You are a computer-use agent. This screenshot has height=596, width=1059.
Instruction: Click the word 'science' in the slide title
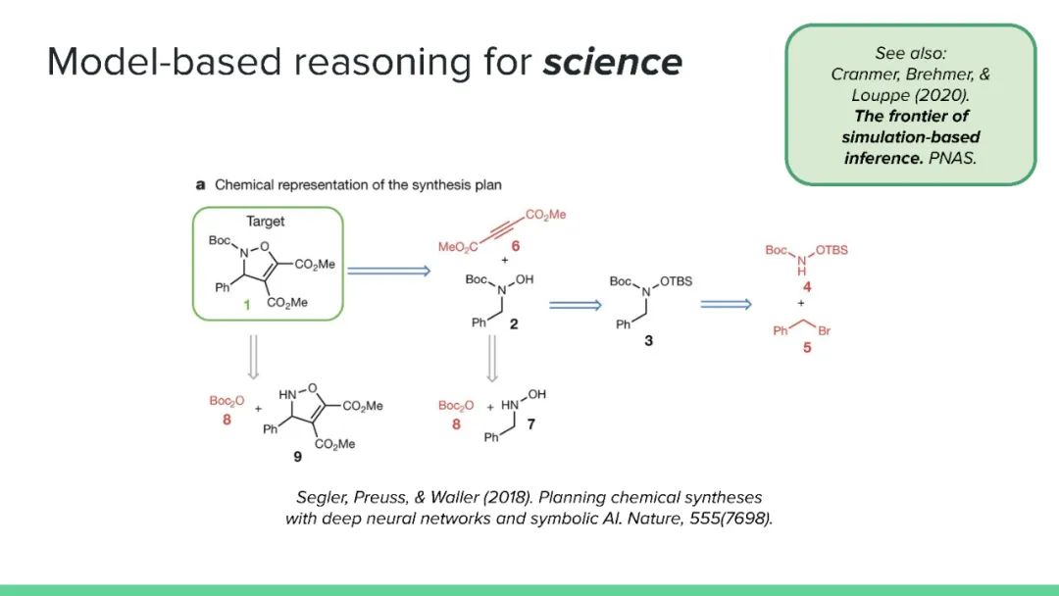(x=613, y=62)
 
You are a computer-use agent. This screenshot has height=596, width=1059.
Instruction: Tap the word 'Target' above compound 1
(x=266, y=221)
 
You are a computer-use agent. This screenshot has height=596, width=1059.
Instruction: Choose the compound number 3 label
(x=648, y=342)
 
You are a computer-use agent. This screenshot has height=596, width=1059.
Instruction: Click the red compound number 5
(x=807, y=347)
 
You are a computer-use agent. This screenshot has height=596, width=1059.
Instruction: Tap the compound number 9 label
(x=297, y=456)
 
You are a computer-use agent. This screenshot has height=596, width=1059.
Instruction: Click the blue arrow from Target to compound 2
(x=389, y=271)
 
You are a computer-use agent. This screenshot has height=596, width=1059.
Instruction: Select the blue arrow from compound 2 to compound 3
(x=575, y=305)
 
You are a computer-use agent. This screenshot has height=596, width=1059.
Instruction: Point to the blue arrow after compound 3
(x=726, y=304)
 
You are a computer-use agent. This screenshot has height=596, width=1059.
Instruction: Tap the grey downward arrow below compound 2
(x=492, y=362)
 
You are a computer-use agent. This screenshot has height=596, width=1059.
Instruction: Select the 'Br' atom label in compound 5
(x=824, y=331)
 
